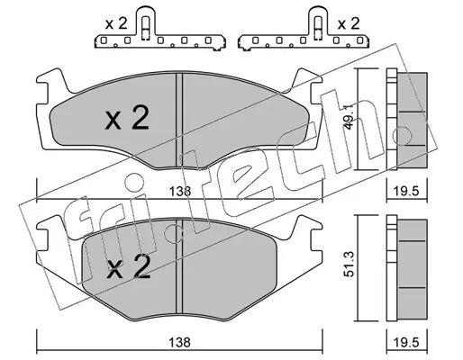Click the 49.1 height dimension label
(x=349, y=117)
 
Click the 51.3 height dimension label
(x=349, y=265)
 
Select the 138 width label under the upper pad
(x=179, y=191)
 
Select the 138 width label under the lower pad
(x=179, y=342)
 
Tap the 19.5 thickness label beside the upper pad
(x=407, y=191)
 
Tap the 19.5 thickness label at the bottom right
(x=407, y=342)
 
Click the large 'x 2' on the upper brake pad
(x=127, y=119)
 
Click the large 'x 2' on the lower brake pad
(x=129, y=266)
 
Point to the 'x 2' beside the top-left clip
(x=116, y=23)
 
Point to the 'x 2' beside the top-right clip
(x=349, y=23)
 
